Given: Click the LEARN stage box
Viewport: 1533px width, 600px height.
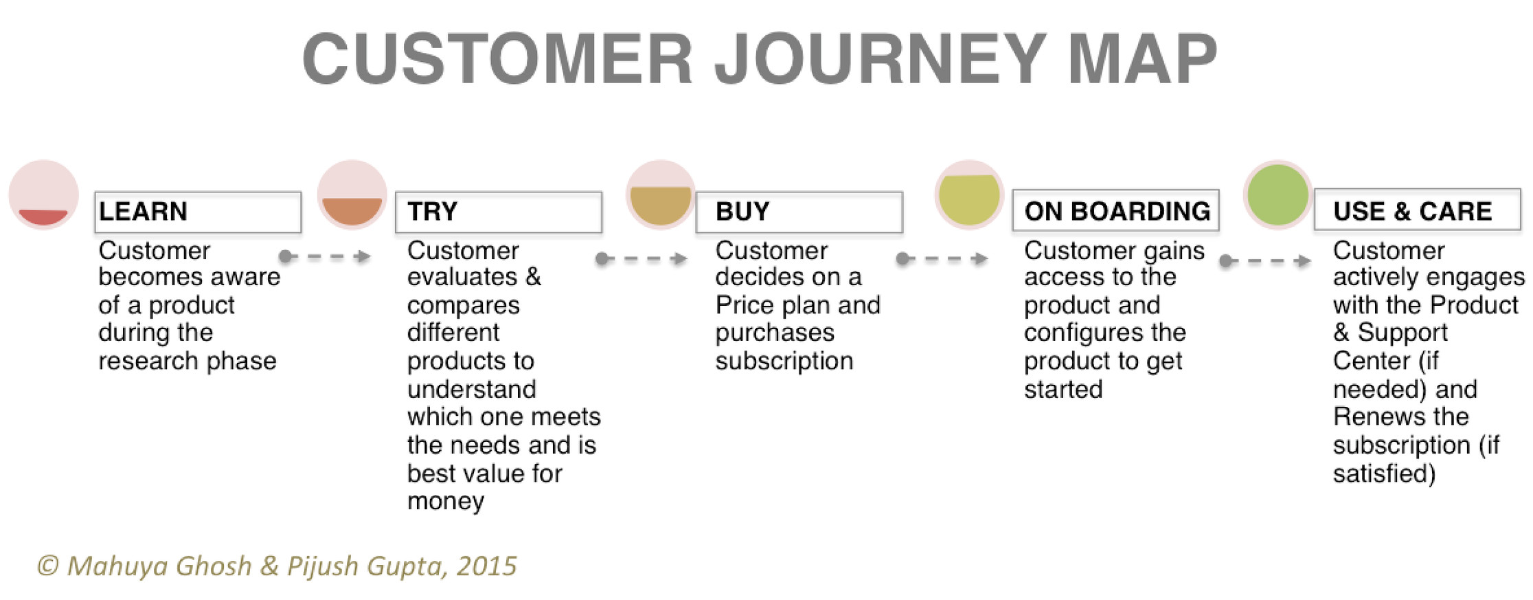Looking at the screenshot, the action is coord(198,212).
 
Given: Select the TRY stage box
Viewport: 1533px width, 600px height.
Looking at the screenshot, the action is coord(499,212).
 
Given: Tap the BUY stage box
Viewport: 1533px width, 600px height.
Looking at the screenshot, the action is coord(799,212).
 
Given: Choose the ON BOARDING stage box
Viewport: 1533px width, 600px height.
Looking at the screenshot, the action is coord(1115,210).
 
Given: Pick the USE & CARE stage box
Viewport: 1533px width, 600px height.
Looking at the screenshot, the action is coord(1417,209).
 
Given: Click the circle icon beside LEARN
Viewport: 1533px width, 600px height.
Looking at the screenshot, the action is coord(43,195).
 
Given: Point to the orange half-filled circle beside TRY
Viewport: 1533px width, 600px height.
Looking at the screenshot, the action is coord(352,195).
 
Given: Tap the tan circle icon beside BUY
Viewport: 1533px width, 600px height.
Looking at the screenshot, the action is coord(661,195).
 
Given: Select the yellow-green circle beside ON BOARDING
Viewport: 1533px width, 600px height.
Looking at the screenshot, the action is coord(969,195).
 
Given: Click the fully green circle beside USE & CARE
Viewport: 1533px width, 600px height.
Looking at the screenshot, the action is coord(1277,195).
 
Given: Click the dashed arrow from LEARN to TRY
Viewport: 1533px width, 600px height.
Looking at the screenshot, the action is coord(325,256).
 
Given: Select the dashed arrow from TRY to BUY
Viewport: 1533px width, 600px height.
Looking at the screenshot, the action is coord(641,258).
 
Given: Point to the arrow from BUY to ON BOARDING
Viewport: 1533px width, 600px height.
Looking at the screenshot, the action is coord(942,258).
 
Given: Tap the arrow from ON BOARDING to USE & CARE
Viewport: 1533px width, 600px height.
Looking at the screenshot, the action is coord(1265,260).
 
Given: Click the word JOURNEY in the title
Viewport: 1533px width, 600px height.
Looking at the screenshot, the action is coord(881,58).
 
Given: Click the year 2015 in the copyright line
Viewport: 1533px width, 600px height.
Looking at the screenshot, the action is coord(486,566).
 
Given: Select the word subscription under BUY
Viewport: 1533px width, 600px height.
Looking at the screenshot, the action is coord(784,362).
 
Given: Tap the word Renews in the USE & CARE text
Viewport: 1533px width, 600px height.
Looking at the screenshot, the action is coord(1377,416).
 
